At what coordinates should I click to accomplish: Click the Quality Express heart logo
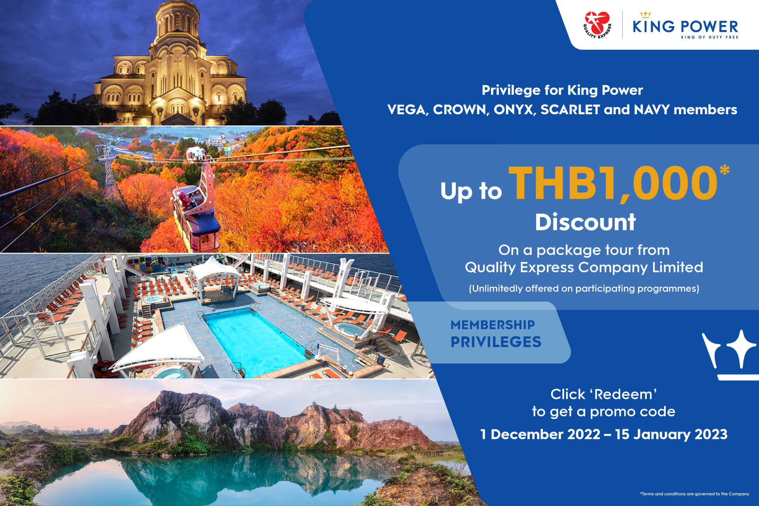click(597, 25)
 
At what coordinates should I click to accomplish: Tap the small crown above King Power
click(646, 15)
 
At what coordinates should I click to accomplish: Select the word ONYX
click(514, 110)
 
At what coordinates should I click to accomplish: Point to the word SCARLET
click(570, 110)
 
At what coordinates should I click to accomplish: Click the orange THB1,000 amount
click(613, 183)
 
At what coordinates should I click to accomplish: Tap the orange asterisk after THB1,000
click(724, 170)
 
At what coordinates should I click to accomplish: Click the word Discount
click(585, 222)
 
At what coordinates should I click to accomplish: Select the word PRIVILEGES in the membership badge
click(496, 342)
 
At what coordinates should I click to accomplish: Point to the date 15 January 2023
click(671, 434)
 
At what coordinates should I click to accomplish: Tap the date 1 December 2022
click(540, 434)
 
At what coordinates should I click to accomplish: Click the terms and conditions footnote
click(695, 494)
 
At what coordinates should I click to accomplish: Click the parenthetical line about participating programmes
click(584, 289)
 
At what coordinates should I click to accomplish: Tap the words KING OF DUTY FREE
click(709, 37)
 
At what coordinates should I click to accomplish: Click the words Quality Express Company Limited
click(584, 267)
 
